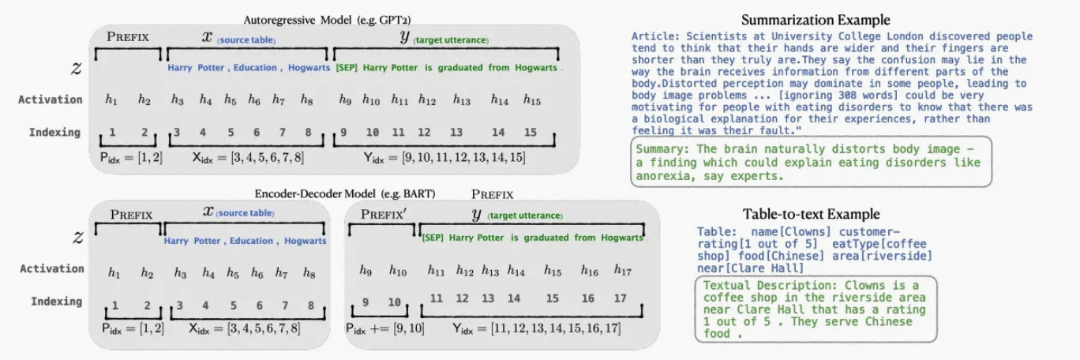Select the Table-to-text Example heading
coord(811,215)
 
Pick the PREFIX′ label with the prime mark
coord(383,214)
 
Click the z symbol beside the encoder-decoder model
coord(77,237)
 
